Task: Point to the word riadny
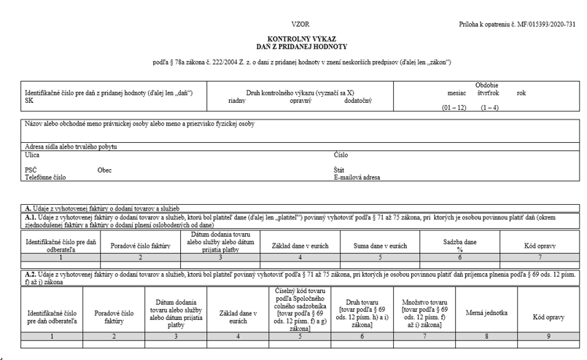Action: pos(236,101)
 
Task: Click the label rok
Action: pos(521,93)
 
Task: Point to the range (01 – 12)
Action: pos(454,108)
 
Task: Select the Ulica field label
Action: pos(32,154)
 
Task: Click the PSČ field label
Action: pos(31,169)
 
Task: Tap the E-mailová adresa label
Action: pos(357,176)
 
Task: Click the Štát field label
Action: pos(340,169)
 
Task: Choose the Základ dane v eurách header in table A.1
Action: pos(300,246)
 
